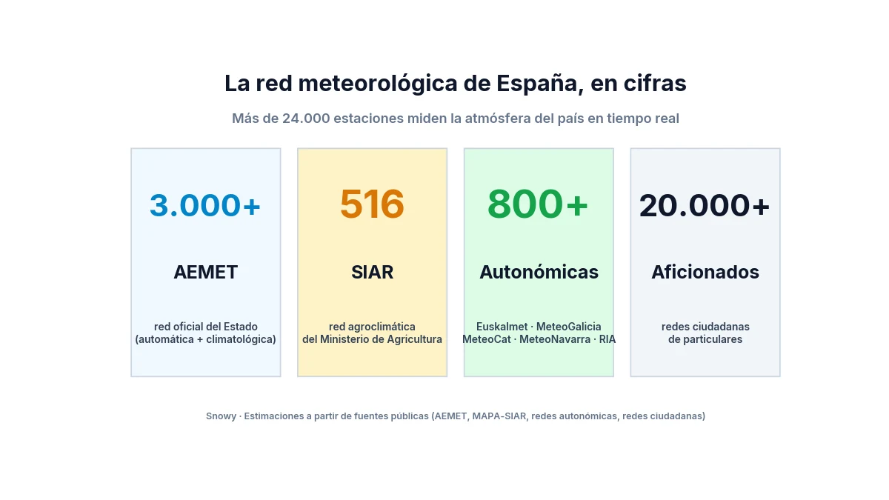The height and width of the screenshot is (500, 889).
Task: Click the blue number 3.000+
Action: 205,205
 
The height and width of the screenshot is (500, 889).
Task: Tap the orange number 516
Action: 372,204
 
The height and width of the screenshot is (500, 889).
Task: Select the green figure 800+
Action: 538,204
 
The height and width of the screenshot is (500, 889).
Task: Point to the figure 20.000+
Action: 705,206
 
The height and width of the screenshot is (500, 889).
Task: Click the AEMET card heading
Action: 206,273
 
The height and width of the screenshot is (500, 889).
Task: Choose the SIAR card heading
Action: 372,273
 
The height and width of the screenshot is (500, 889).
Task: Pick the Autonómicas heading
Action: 539,273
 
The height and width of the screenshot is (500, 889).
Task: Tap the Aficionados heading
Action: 705,273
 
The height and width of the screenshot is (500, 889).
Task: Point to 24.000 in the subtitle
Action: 306,119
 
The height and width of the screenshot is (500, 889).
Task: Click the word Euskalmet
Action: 502,327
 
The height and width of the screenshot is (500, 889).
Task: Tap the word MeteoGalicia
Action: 569,327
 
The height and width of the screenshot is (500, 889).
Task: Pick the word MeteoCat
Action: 487,339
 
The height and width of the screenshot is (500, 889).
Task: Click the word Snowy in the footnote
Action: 221,416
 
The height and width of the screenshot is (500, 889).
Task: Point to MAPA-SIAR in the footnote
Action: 499,416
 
